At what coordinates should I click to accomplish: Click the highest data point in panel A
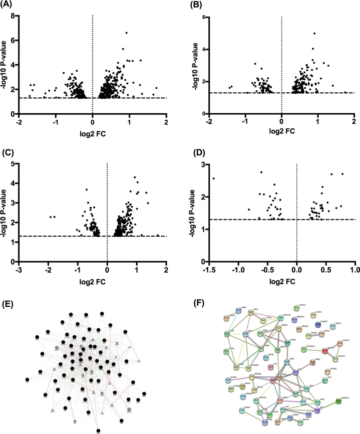tap(127, 33)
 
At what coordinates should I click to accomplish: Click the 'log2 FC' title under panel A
tap(93, 133)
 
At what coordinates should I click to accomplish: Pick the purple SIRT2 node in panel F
tap(316, 411)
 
